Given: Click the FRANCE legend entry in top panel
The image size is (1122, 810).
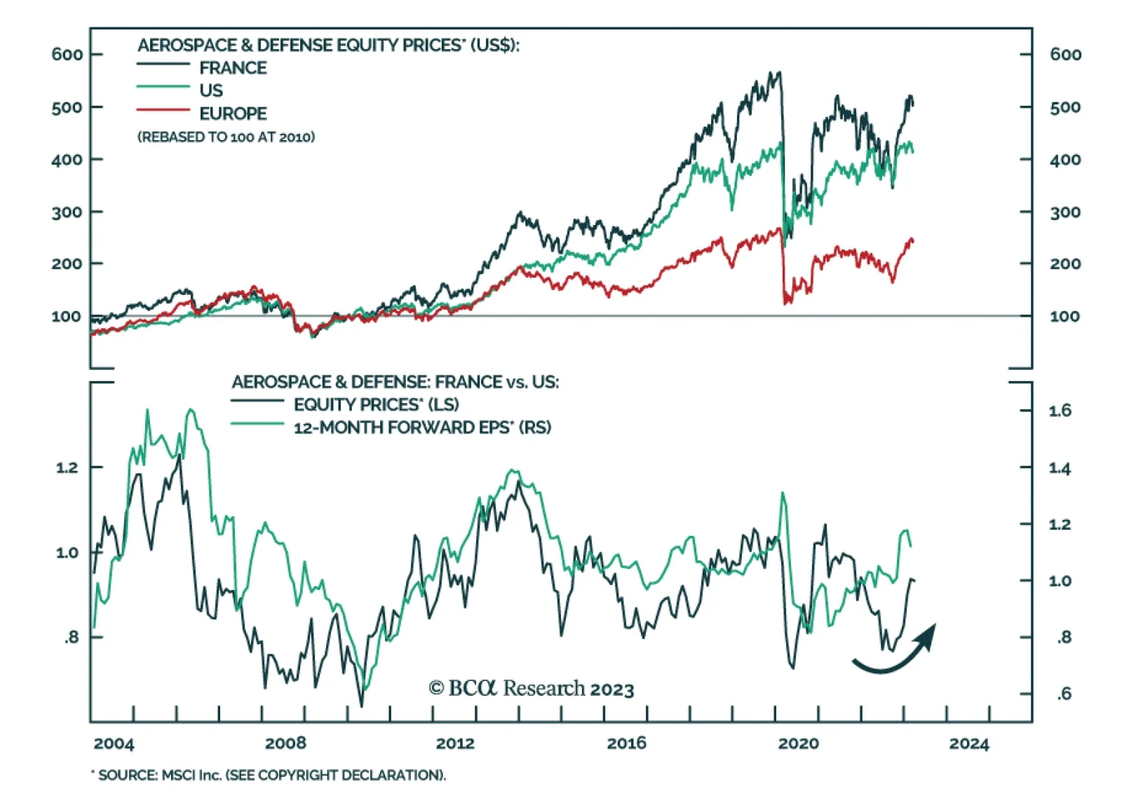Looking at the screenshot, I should point(232,68).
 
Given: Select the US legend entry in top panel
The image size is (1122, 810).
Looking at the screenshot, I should point(210,90).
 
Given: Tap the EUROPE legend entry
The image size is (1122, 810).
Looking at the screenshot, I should point(233,114).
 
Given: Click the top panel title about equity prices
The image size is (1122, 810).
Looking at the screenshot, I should point(328,46).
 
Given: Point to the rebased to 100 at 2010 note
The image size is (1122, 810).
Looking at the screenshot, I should point(226,137).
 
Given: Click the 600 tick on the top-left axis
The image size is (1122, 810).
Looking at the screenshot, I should point(67,55).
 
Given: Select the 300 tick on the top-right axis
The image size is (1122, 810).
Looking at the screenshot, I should point(1064,212).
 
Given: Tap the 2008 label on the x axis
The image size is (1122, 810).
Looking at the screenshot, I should point(285,743).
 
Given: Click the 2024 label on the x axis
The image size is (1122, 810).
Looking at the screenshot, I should point(969,743).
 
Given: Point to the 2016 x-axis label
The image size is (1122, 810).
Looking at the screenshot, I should point(626,743).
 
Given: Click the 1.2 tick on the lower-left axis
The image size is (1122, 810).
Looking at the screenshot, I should point(67,467).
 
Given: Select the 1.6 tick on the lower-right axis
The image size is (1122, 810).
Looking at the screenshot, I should point(1060,411).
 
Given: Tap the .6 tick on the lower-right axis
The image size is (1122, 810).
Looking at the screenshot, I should point(1064,694).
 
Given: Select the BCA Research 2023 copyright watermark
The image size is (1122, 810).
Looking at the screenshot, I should point(531,689).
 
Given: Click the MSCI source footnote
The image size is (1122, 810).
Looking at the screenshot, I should point(270,775).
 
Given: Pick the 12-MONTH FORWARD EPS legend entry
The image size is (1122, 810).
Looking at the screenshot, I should point(421,427).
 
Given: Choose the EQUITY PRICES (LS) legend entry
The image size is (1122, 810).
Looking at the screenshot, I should point(376,405).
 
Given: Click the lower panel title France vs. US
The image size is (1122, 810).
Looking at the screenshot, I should point(395,382).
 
